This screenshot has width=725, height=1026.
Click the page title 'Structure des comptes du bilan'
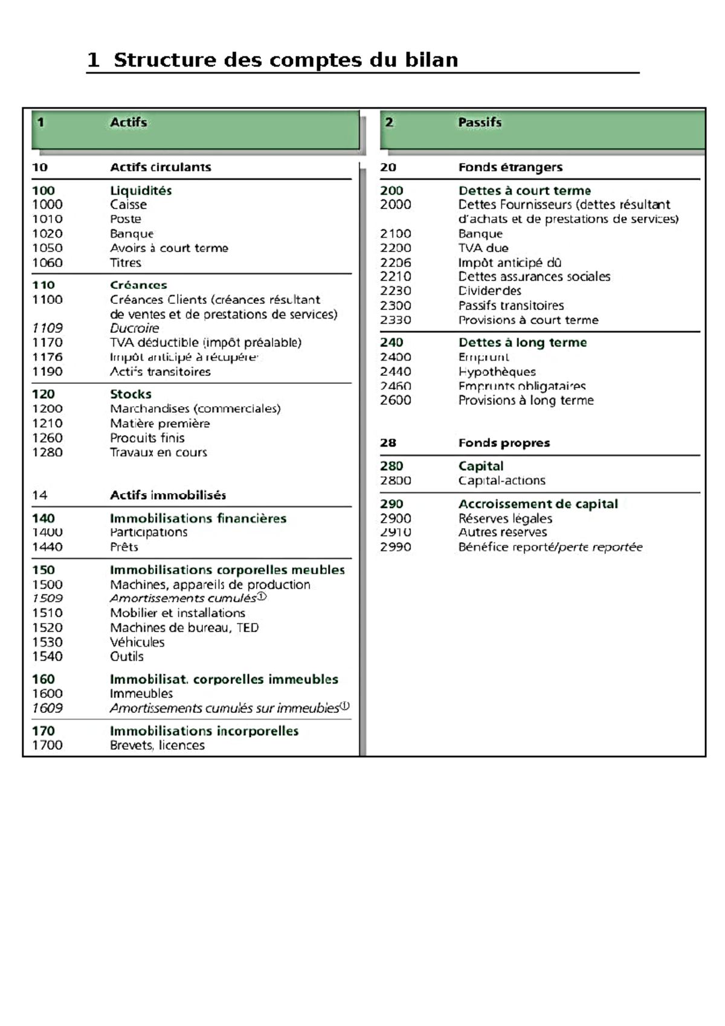click(x=285, y=60)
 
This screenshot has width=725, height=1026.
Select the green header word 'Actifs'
click(x=128, y=122)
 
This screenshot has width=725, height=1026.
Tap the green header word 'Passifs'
click(x=480, y=122)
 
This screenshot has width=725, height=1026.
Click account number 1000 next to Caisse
click(x=47, y=205)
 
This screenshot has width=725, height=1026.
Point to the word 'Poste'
click(x=126, y=219)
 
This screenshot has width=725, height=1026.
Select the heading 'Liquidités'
click(x=141, y=190)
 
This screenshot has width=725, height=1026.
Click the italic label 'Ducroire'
click(x=135, y=328)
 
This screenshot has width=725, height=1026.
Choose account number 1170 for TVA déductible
click(x=47, y=343)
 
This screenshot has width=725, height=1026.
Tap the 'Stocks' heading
click(x=130, y=394)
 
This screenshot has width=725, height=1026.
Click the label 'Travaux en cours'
click(x=158, y=453)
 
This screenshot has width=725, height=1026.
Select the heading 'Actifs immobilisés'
click(x=168, y=495)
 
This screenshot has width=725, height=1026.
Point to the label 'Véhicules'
click(x=137, y=642)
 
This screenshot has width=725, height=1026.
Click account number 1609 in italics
click(x=47, y=708)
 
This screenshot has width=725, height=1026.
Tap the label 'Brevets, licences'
click(x=157, y=746)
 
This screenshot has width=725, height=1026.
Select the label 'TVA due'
click(x=483, y=248)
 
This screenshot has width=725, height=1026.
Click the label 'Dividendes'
click(x=490, y=291)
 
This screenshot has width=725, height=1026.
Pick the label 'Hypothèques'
click(x=497, y=372)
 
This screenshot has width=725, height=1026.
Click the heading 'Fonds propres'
click(x=504, y=443)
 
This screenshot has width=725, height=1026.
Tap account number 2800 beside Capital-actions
click(x=395, y=481)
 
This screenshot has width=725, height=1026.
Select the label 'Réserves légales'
click(x=505, y=518)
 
